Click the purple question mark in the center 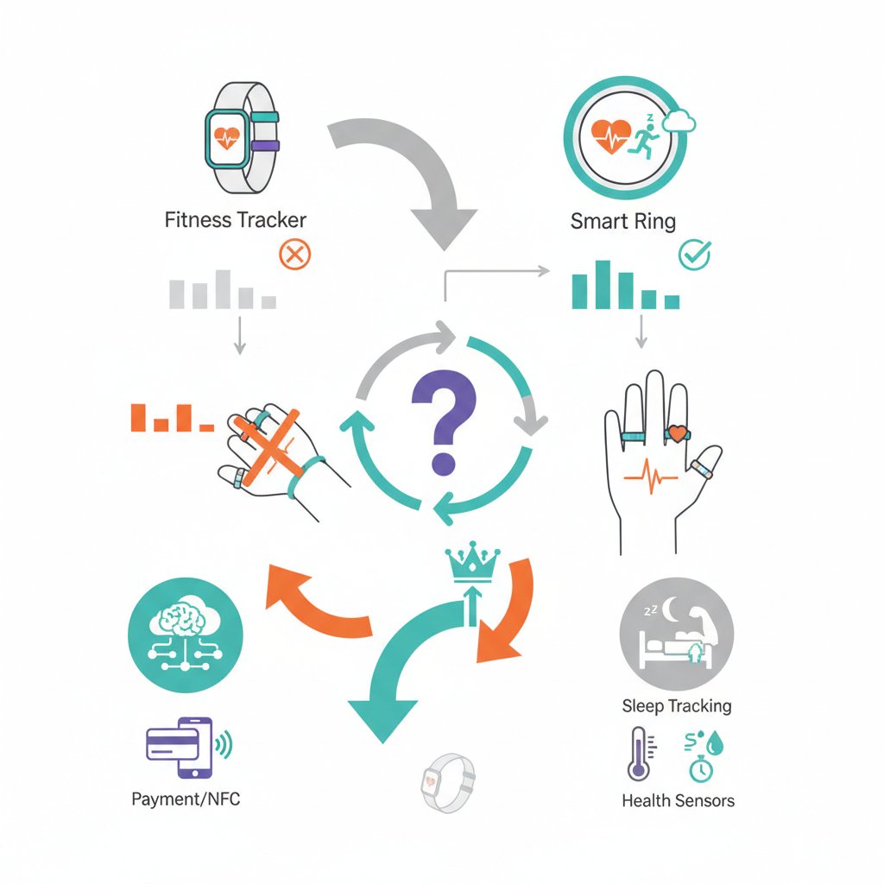coord(444,420)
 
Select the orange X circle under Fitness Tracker coord(295,255)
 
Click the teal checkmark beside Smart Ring coord(695,255)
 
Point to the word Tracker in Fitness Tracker coord(271,220)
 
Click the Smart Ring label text coord(623,221)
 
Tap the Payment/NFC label coord(186,799)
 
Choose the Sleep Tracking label coord(677,706)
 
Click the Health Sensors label coord(679,800)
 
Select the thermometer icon coord(641,755)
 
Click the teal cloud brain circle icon coord(186,635)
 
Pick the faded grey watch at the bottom coord(448,782)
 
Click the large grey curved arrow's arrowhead coord(445,228)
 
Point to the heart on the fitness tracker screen coord(227,137)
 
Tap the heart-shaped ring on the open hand coord(677,433)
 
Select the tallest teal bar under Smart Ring coord(603,285)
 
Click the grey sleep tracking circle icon coord(677,634)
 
